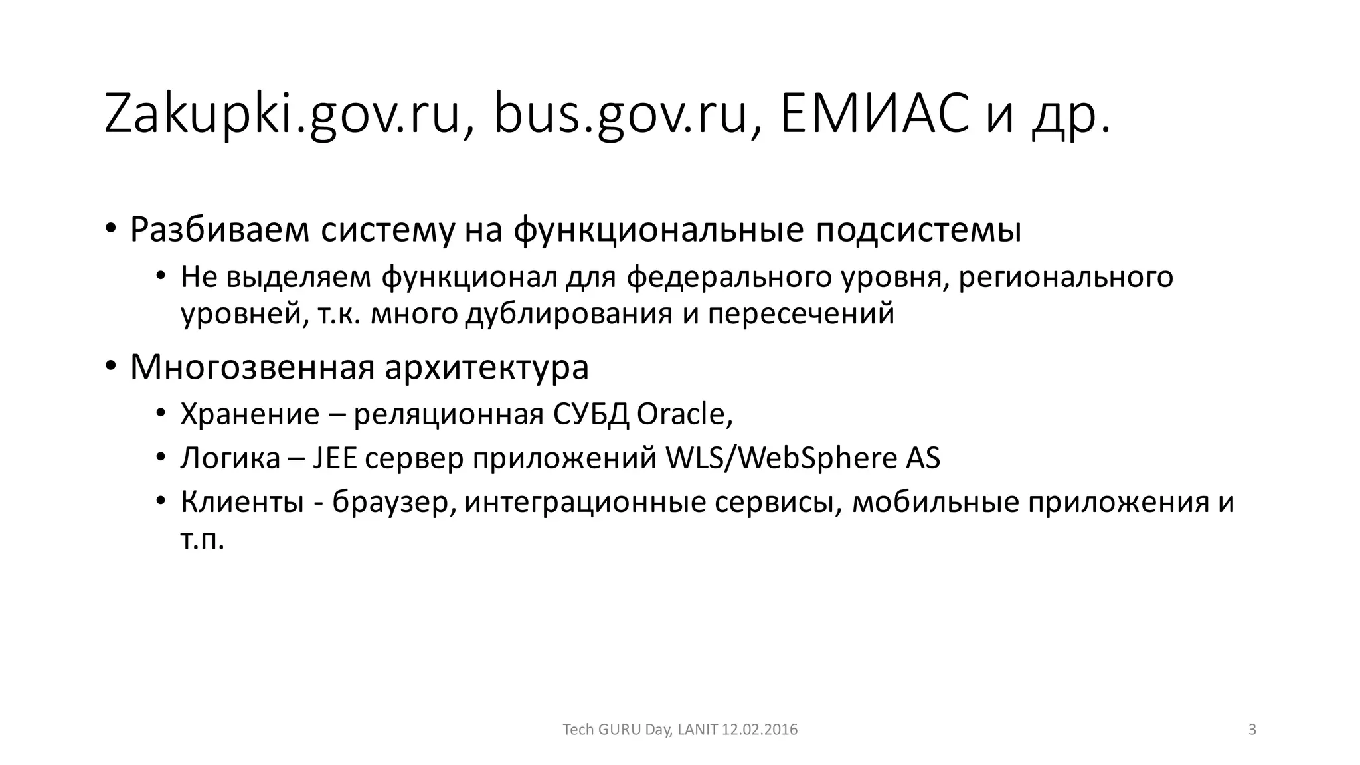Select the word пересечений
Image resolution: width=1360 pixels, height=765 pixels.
(801, 313)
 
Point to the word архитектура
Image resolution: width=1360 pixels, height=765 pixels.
(487, 367)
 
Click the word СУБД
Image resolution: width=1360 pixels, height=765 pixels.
(590, 414)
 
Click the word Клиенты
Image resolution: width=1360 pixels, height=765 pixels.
(238, 502)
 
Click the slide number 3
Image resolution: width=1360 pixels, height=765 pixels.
(1252, 730)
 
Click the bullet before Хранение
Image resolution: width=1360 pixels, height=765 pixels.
(160, 414)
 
